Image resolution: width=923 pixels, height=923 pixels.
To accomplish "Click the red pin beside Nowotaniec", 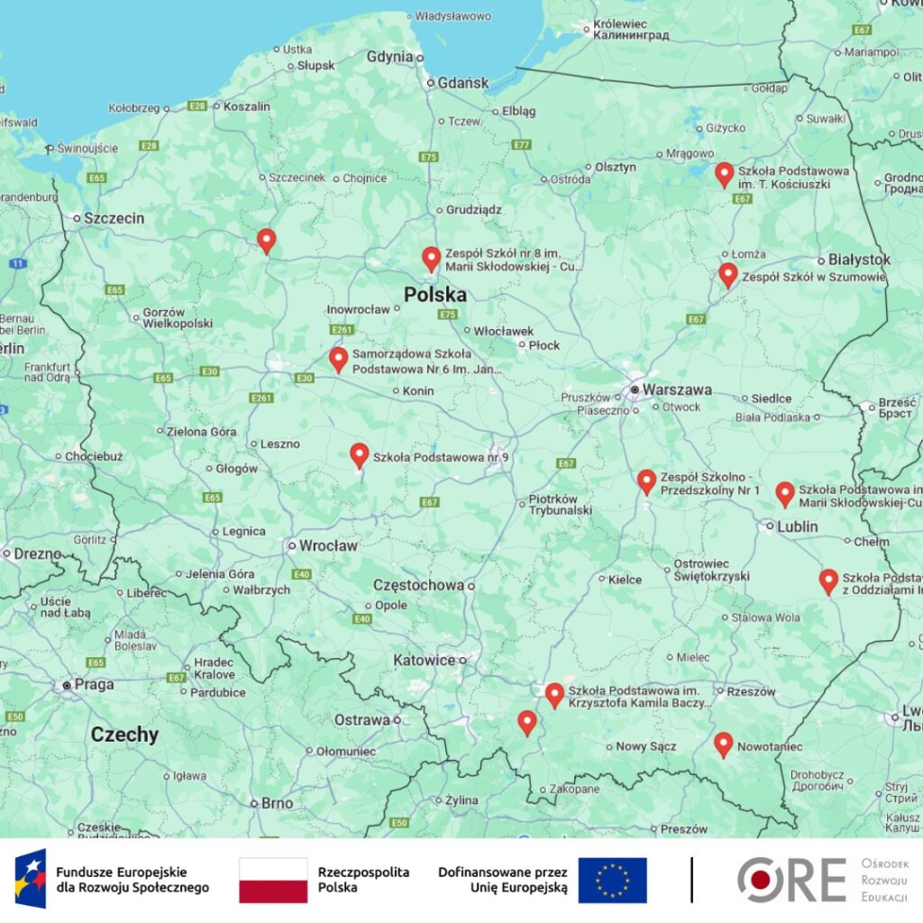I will tap(723, 744).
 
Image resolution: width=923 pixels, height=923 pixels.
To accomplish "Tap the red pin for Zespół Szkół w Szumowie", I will tap(728, 275).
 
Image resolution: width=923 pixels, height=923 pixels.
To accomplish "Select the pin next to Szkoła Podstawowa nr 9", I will tap(360, 455).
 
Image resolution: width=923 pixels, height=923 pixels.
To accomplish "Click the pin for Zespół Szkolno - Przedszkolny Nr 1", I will tap(646, 481).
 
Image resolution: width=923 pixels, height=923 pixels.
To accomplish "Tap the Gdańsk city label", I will tap(462, 83).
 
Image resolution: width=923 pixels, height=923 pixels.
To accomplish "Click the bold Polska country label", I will tap(434, 295).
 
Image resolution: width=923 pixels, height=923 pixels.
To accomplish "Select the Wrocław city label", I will tap(328, 545).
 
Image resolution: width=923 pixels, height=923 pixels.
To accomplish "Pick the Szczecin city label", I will tap(114, 218).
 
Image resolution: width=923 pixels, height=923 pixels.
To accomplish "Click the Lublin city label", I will tap(798, 526).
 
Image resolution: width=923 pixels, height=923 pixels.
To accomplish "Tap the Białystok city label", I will tap(859, 260).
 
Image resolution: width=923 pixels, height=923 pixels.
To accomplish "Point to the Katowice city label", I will tap(424, 660).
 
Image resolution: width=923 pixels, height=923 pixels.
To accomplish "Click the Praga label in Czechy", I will tap(94, 684).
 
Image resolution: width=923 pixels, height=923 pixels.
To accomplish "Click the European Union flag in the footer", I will tap(612, 880).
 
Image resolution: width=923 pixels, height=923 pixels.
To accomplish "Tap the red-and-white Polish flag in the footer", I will tap(273, 880).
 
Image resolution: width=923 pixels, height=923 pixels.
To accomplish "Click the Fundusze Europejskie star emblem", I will tap(30, 879).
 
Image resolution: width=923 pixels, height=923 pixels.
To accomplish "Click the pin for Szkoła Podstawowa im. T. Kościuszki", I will tap(724, 174).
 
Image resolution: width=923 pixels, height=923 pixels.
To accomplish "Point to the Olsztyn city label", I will tap(615, 167).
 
